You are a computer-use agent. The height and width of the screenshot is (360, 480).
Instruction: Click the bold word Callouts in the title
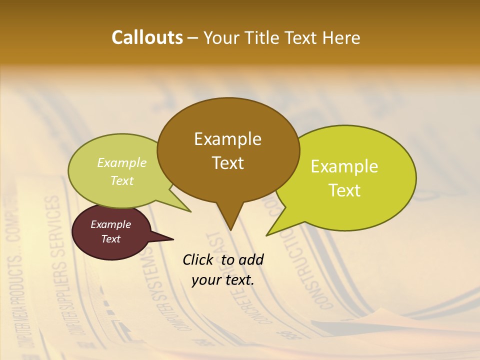pos(147,37)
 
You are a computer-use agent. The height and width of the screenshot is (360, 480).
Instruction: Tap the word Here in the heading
pos(341,37)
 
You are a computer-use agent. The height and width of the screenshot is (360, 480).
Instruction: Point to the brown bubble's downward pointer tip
pos(230,228)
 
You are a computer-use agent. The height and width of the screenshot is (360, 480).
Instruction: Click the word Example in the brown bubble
pos(227,139)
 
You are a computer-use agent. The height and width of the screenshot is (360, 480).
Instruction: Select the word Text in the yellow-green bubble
pos(344,190)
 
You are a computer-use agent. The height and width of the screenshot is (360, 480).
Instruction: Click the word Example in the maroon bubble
pos(110,224)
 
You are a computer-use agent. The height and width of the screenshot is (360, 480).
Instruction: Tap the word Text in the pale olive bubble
pos(122,181)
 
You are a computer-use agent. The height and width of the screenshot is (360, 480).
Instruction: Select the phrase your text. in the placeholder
pos(223,280)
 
